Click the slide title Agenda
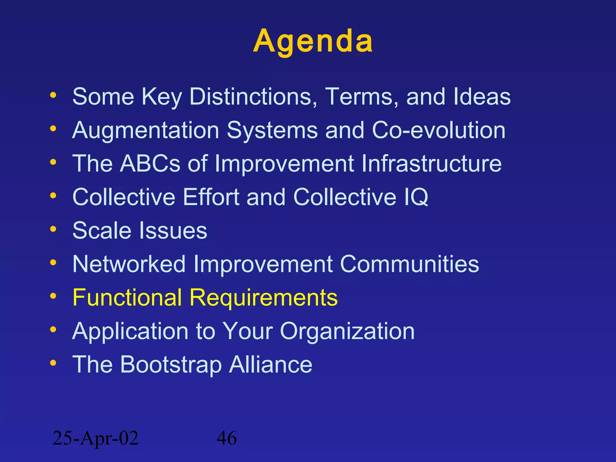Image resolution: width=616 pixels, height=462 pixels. tap(313, 42)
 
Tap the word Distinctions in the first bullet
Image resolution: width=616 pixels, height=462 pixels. tap(253, 97)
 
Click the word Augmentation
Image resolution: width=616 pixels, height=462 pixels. tap(146, 131)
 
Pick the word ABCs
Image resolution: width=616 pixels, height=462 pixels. tap(150, 164)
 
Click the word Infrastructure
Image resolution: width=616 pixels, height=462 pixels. tap(431, 164)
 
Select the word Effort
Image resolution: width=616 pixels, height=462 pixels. tap(211, 197)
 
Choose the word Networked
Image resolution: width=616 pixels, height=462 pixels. tap(129, 264)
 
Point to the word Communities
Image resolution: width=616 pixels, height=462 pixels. tap(409, 264)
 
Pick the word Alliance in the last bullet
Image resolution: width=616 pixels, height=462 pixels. tap(271, 365)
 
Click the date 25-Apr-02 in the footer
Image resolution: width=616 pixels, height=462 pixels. tap(95, 438)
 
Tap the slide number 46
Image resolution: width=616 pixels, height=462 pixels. tap(227, 438)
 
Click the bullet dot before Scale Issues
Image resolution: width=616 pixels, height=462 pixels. tap(53, 229)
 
